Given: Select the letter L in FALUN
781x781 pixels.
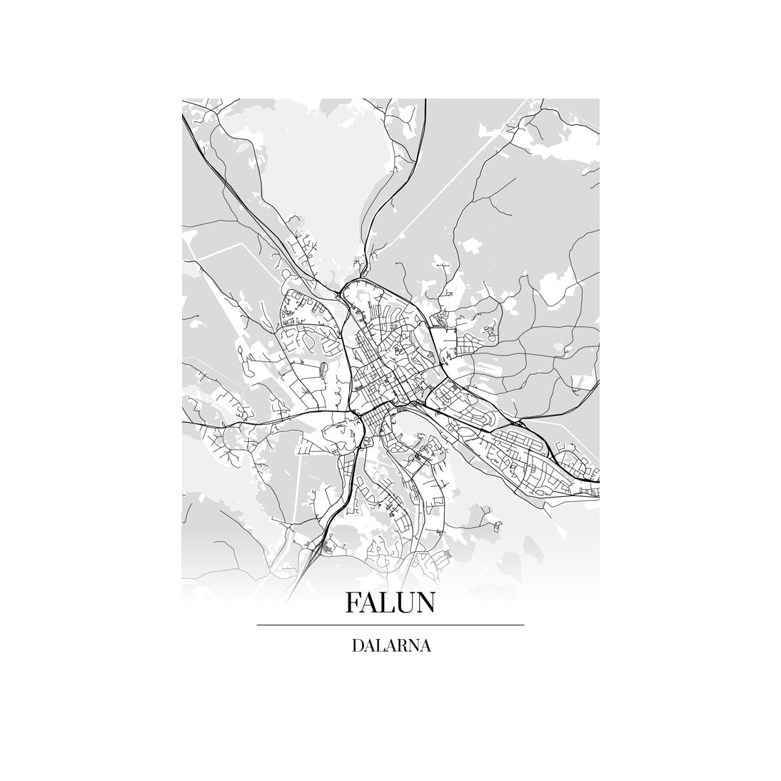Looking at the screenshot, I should click(388, 603).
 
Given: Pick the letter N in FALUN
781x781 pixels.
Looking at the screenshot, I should click(425, 603).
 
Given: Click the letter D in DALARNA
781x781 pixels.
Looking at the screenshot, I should click(356, 646).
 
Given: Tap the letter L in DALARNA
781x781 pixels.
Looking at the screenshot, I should click(379, 646).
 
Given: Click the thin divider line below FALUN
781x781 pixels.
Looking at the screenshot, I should click(390, 625).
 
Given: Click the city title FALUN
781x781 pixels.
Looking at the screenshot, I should click(390, 603).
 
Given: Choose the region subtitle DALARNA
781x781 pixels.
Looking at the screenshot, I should click(390, 646).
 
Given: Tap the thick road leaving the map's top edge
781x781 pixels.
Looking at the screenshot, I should click(425, 107).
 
